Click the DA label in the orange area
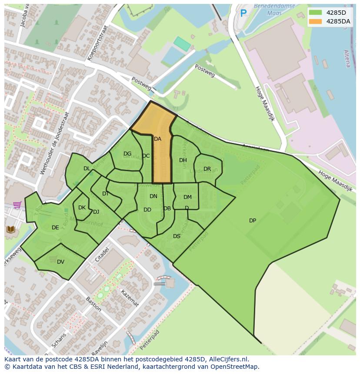[x=157, y=139]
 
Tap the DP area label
[x=253, y=221]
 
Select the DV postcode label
[x=60, y=261]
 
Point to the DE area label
[x=55, y=228]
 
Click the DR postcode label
[x=207, y=169]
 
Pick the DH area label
[x=183, y=160]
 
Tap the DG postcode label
[x=127, y=154]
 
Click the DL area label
[x=87, y=169]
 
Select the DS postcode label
[x=177, y=236]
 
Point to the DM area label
[x=187, y=197]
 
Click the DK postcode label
[x=82, y=208]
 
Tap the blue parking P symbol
[x=243, y=14]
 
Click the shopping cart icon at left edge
[x=17, y=205]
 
